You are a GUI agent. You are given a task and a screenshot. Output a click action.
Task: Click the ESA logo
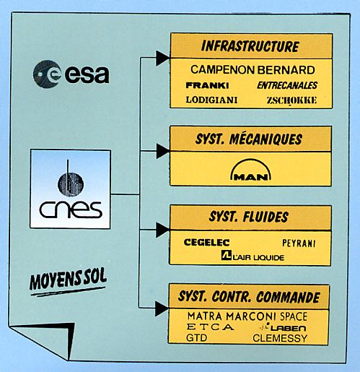71,74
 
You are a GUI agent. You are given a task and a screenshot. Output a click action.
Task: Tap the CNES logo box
70,189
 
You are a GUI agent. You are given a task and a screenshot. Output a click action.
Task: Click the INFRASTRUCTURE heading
250,46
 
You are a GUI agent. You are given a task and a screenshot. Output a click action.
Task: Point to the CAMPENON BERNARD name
253,70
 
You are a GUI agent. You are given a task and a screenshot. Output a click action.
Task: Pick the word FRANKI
207,85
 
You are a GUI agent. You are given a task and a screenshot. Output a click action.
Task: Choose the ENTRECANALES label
287,85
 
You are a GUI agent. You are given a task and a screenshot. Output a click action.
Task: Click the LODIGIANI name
211,100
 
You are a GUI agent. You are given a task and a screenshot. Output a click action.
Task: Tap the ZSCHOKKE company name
291,100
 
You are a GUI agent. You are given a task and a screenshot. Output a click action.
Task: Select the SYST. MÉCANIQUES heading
249,139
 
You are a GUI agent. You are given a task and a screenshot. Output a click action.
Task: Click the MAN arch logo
250,170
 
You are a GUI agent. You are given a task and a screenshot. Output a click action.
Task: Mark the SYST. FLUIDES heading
249,217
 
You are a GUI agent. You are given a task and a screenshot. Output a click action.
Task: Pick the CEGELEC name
206,242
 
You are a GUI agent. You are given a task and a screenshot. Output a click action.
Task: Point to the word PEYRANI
299,243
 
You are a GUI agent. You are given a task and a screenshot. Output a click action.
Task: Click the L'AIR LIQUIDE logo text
253,256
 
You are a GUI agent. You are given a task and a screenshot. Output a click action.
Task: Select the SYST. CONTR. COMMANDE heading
249,297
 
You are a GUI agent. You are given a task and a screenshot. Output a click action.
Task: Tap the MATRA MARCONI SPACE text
247,316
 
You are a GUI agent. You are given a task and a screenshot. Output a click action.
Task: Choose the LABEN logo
283,328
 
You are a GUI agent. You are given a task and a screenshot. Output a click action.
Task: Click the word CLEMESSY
280,338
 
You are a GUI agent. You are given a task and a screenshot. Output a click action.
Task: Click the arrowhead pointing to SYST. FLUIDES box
162,230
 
